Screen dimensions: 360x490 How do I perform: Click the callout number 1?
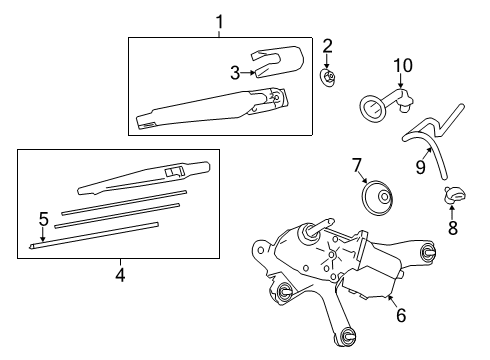tap(221, 20)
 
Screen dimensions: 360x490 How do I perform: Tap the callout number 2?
tap(327, 46)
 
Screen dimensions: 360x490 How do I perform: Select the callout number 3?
tap(235, 72)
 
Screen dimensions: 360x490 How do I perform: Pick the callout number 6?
tap(401, 314)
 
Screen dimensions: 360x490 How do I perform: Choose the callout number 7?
tap(355, 164)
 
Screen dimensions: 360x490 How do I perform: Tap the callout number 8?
tap(451, 229)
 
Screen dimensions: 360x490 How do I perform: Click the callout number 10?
tap(402, 66)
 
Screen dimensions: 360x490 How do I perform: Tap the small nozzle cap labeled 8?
tap(451, 196)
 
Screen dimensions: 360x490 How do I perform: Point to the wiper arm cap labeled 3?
tap(274, 63)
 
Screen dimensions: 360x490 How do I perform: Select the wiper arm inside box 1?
tap(210, 112)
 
